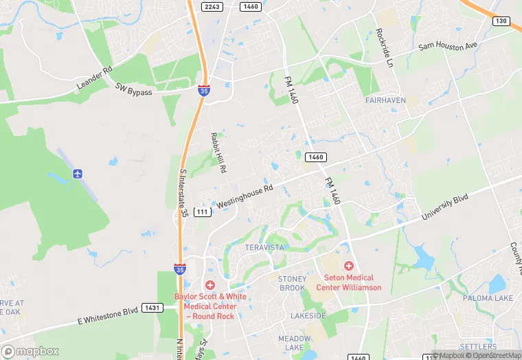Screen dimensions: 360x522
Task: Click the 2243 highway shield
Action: (x=213, y=6)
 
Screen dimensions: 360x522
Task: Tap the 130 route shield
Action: (x=502, y=21)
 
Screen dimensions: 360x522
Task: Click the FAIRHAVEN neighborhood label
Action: (x=385, y=100)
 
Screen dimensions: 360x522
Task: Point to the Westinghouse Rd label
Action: (x=245, y=196)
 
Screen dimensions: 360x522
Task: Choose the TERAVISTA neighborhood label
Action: (x=264, y=247)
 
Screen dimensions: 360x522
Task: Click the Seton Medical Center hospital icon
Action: (x=348, y=265)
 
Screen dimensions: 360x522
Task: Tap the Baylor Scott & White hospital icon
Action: (x=210, y=284)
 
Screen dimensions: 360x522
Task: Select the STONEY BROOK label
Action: (x=292, y=283)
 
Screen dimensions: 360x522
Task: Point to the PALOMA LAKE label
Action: (x=487, y=298)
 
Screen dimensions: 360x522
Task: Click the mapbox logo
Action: (x=30, y=351)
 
